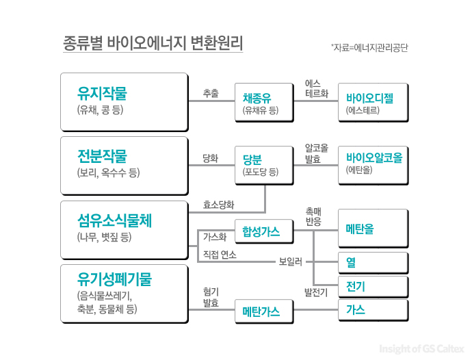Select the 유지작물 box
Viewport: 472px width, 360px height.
click(x=123, y=101)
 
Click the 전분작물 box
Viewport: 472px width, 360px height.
click(x=123, y=165)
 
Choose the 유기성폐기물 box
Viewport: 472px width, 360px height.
click(x=123, y=293)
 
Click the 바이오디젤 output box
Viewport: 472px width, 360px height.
click(x=372, y=102)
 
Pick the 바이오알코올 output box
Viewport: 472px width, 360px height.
click(x=372, y=165)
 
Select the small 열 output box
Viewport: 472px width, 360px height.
click(x=372, y=262)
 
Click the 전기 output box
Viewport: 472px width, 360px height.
click(x=372, y=285)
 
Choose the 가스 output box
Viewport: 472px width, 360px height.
click(x=372, y=309)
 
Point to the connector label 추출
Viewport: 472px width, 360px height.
click(x=211, y=93)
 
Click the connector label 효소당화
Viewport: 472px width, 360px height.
click(x=219, y=204)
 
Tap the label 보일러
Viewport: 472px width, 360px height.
click(x=290, y=262)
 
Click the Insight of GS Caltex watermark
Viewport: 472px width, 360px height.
click(x=419, y=347)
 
